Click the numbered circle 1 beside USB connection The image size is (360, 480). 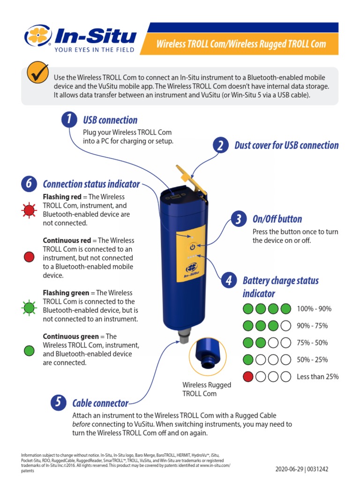(69, 120)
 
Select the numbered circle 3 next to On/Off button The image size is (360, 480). (239, 219)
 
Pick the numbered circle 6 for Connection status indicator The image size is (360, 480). (29, 184)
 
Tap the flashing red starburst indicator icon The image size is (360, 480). (29, 210)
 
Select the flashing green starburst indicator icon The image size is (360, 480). (29, 307)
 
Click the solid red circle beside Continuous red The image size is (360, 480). (29, 256)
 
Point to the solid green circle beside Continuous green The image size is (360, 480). (29, 350)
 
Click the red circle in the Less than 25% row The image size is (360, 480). (248, 377)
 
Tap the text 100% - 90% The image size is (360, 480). (314, 309)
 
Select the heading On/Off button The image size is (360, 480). (277, 219)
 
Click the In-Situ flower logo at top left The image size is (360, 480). (37, 37)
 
